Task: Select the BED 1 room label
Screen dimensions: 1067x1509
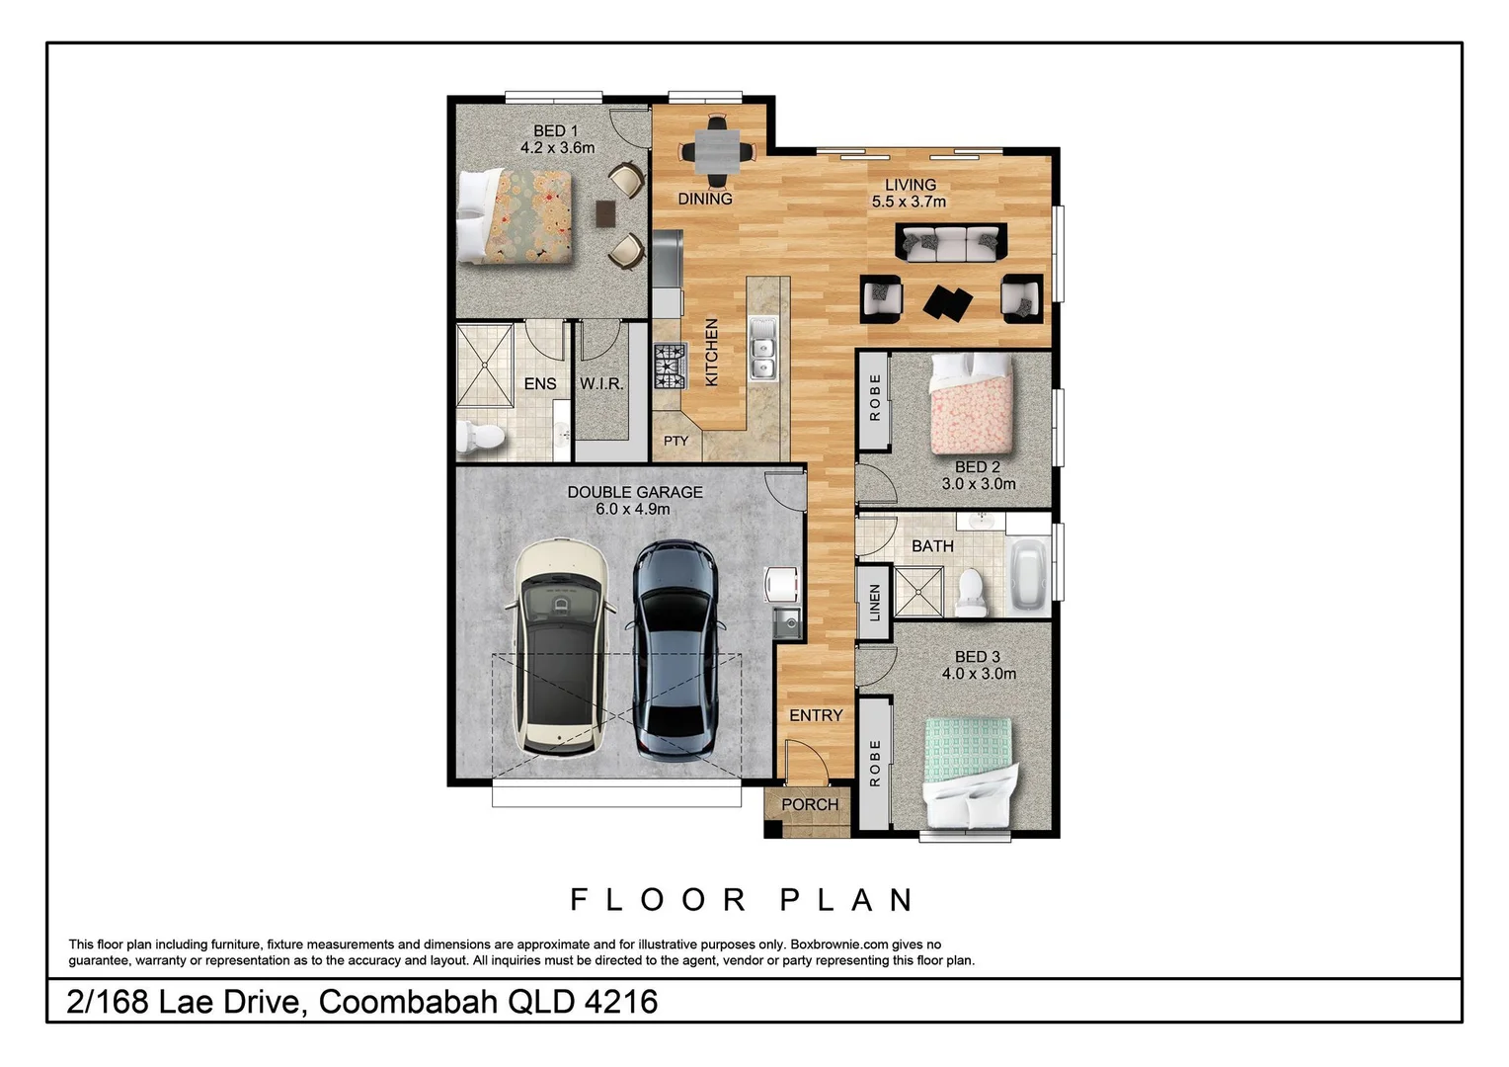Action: [556, 130]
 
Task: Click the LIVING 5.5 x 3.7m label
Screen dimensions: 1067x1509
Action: [909, 193]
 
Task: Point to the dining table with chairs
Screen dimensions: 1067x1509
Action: [717, 152]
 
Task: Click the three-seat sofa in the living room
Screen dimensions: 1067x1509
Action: [951, 241]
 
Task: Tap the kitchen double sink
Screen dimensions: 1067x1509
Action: [762, 348]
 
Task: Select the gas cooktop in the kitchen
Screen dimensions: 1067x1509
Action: [670, 366]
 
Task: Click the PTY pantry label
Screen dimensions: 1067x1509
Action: [675, 441]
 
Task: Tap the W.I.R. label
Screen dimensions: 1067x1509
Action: [601, 383]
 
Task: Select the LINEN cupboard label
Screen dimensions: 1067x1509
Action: [874, 603]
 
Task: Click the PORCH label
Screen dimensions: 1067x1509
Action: [809, 804]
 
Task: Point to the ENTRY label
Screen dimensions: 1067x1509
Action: [816, 715]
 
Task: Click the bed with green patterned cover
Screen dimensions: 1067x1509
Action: [968, 770]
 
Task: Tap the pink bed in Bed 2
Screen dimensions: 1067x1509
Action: [972, 401]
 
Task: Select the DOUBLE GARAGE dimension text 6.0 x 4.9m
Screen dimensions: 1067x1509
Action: [633, 509]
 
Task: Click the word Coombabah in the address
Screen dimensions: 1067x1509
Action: [408, 1002]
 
